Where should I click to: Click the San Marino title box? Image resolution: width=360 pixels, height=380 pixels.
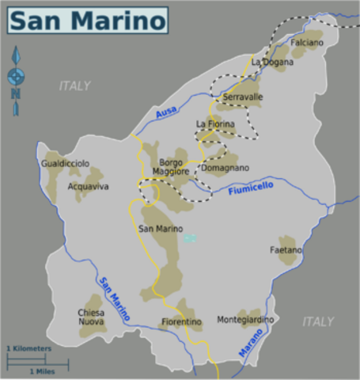88,20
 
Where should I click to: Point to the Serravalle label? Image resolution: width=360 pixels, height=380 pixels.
242,97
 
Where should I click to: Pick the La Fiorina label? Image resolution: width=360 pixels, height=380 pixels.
215,124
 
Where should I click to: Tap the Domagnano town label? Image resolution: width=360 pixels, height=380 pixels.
225,168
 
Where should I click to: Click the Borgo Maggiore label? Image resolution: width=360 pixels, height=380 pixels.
170,167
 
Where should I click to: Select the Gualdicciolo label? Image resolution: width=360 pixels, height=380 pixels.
65,163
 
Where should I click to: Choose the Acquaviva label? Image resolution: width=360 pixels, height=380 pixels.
89,187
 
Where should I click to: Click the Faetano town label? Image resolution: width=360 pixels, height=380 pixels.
286,250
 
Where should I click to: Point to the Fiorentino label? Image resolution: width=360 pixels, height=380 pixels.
181,322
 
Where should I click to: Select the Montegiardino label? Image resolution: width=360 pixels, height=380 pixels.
245,320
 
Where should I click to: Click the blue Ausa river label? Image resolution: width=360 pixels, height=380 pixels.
167,114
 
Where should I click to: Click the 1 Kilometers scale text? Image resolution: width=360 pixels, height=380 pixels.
29,348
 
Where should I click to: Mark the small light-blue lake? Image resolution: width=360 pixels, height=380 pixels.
188,237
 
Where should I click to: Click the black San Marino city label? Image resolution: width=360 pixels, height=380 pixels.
161,229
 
